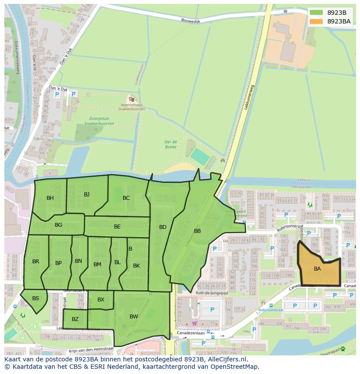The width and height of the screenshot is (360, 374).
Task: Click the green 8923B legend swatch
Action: (x=316, y=13)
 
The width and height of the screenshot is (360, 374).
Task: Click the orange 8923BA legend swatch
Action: (x=316, y=21)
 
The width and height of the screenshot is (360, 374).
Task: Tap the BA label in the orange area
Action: (x=317, y=269)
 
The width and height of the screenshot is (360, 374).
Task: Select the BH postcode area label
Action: (x=50, y=198)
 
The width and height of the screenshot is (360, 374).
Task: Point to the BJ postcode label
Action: (x=87, y=194)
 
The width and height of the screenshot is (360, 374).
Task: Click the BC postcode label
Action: (x=126, y=198)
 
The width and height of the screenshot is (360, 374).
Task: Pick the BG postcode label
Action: (x=59, y=225)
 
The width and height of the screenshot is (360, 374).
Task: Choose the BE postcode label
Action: (x=117, y=227)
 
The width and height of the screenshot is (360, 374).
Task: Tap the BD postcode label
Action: (x=163, y=227)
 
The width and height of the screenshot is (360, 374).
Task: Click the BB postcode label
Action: (x=197, y=231)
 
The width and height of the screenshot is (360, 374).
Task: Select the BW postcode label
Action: (x=133, y=317)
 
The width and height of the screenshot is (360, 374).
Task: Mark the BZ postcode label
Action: (x=75, y=319)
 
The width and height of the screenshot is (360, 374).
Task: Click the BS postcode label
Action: (x=36, y=298)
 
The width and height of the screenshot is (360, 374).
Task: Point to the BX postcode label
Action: (x=101, y=300)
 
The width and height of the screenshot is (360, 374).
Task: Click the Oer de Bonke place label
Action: (x=170, y=144)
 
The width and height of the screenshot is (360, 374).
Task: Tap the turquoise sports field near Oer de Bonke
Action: (x=200, y=156)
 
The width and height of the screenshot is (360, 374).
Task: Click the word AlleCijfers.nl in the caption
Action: (x=226, y=359)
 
